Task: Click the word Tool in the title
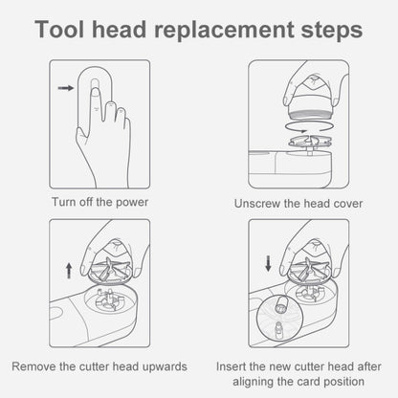point(59,29)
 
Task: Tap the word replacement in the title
point(224,31)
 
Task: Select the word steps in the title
point(332,31)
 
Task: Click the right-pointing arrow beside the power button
point(66,88)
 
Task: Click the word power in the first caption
point(132,203)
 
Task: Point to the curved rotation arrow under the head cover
point(310,126)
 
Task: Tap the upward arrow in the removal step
point(69,271)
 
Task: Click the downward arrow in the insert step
point(268,263)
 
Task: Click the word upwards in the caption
point(165,367)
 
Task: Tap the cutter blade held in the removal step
point(110,270)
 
